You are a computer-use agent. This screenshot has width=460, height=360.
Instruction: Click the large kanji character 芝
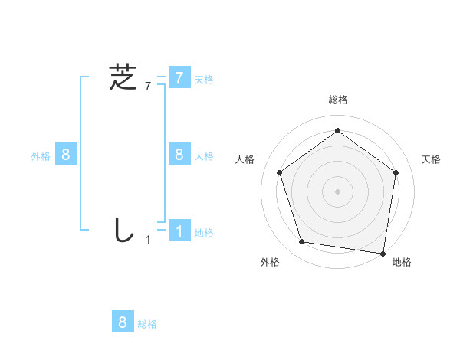click(x=123, y=77)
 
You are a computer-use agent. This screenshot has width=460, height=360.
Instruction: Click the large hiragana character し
click(x=123, y=230)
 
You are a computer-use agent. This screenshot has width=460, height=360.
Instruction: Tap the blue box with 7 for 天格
click(x=179, y=78)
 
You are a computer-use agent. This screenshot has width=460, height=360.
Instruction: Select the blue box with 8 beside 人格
click(x=179, y=155)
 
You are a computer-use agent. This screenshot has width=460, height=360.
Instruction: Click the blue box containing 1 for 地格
click(x=179, y=231)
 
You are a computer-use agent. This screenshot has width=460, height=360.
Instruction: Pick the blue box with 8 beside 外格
click(x=65, y=155)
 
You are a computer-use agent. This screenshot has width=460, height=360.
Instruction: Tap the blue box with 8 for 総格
click(x=123, y=322)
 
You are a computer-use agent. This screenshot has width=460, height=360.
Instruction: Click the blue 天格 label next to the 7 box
click(x=204, y=79)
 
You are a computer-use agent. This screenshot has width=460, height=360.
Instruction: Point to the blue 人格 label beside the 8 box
click(x=204, y=155)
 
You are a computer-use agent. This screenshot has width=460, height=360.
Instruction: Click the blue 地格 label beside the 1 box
click(x=204, y=232)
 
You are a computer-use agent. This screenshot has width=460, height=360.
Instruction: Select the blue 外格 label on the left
click(x=41, y=155)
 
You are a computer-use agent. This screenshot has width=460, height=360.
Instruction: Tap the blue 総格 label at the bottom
click(x=147, y=323)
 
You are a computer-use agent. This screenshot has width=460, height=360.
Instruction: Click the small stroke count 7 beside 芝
click(x=147, y=87)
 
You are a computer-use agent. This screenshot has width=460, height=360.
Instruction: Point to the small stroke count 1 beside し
click(x=148, y=240)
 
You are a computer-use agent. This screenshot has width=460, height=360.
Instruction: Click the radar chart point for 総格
click(x=337, y=131)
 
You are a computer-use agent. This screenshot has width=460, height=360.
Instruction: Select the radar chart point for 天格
click(x=396, y=172)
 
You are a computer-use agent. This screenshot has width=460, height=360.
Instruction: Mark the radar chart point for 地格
click(x=383, y=253)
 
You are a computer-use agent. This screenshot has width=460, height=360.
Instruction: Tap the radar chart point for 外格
click(x=302, y=242)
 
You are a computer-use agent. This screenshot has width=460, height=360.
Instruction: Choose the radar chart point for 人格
click(x=279, y=172)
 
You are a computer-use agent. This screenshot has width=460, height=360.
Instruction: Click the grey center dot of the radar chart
click(x=337, y=191)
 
